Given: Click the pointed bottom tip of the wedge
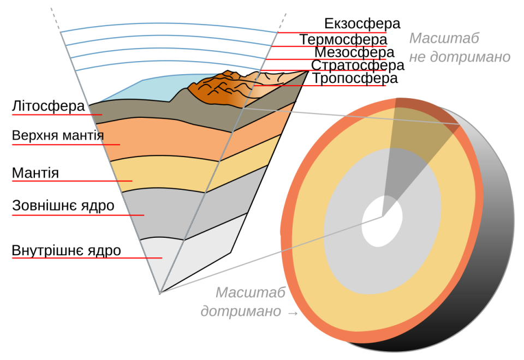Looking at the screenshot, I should click(x=160, y=293).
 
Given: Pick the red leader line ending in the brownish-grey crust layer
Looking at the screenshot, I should click(x=55, y=115).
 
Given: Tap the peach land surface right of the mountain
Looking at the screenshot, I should click(x=273, y=80).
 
